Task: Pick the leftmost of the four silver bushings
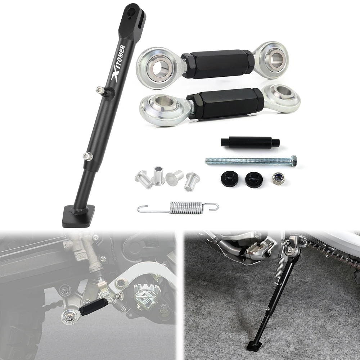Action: [x=143, y=177]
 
